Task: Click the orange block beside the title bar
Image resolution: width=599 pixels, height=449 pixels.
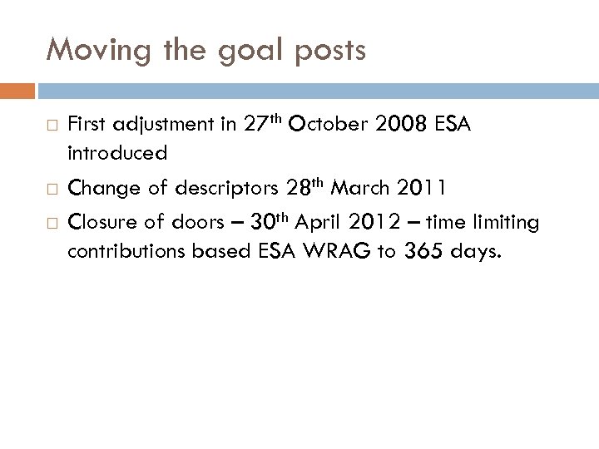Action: point(17,89)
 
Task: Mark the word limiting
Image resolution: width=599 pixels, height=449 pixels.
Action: point(507,224)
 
